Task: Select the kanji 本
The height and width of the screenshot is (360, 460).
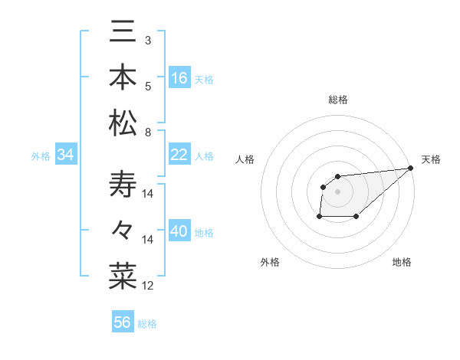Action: click(122, 77)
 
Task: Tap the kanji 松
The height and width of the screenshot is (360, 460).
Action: click(122, 123)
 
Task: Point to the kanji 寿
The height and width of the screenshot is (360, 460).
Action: click(122, 185)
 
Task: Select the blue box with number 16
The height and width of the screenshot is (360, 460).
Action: click(179, 77)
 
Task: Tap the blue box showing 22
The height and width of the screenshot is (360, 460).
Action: click(179, 155)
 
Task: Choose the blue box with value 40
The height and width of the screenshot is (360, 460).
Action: click(179, 231)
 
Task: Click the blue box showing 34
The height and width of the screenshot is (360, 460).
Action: click(66, 155)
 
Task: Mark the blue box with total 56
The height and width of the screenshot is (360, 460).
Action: click(123, 322)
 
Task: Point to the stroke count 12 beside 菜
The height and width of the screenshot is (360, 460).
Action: click(148, 286)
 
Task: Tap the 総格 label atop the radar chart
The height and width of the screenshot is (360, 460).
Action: click(337, 100)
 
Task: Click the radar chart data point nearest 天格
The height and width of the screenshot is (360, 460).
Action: click(412, 169)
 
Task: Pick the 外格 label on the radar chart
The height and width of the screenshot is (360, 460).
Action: click(270, 262)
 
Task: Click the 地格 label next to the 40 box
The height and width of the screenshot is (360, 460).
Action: click(204, 232)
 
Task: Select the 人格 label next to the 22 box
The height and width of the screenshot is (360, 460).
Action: click(204, 155)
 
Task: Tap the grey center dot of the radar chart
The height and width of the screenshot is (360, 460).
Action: click(337, 191)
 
